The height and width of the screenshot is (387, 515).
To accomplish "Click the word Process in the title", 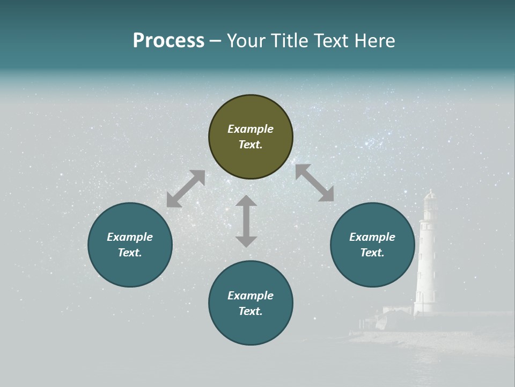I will pos(168,41).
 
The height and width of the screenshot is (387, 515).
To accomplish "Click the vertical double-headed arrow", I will pos(246,221).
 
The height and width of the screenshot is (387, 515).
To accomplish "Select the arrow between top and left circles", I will pos(186,189).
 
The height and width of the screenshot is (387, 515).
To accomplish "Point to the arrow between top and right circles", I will pos(314,183).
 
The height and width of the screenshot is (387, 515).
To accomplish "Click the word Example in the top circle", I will pos(251,129).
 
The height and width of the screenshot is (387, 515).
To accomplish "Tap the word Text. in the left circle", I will pos(130,253).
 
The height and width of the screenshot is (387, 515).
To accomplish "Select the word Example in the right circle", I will pos(372,237).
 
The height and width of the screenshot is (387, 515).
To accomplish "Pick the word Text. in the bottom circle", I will pos(251,311).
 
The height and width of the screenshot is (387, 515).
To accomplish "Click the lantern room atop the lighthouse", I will pos(430,203).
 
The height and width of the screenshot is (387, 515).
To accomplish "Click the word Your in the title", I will pos(246,41).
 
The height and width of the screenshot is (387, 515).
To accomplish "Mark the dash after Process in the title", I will pos(216,41).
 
